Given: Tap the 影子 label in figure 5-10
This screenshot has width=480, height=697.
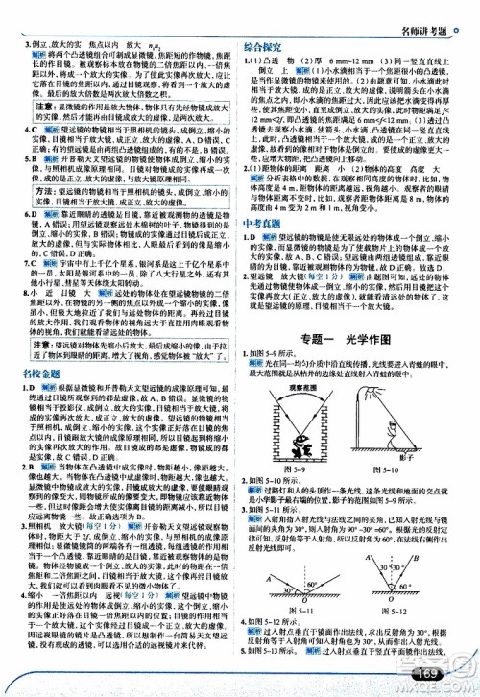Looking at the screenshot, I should pyautogui.click(x=430, y=460).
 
